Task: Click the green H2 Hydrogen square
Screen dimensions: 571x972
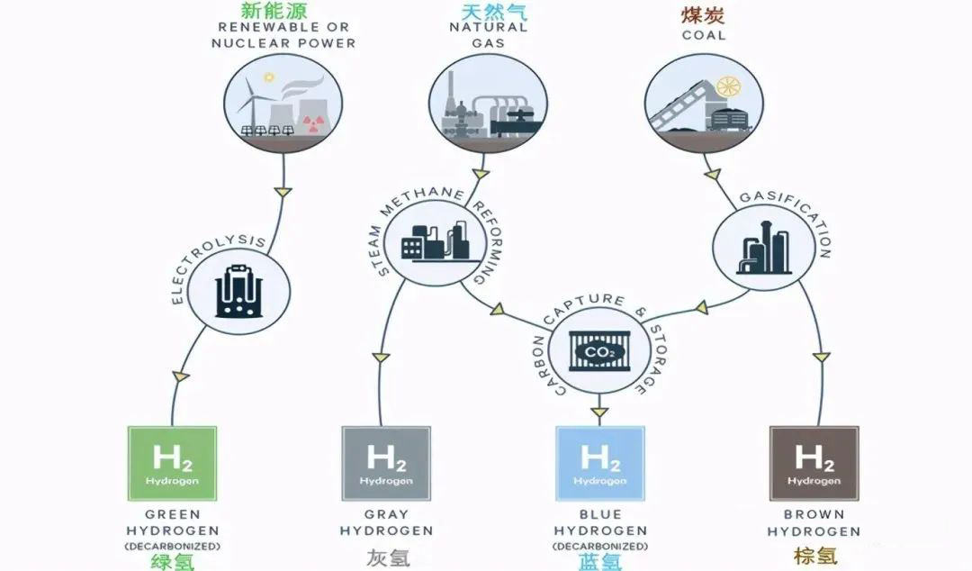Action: [171, 464]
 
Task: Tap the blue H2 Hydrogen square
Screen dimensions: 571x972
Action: [599, 464]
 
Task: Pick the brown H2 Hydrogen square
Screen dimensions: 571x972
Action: [814, 464]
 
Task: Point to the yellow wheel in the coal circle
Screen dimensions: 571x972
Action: [728, 87]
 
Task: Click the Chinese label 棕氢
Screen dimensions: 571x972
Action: [814, 557]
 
